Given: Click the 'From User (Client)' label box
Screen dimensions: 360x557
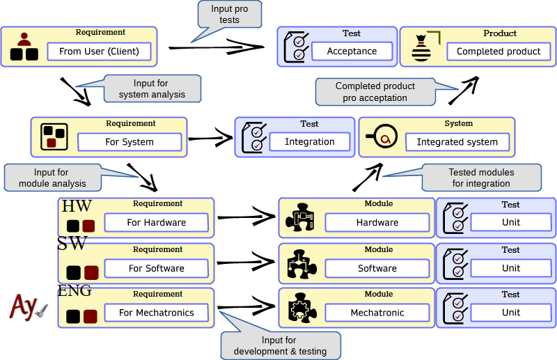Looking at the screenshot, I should [99, 52].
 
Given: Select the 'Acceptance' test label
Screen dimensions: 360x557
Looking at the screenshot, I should [352, 52].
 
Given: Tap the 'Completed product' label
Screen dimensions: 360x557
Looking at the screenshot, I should [499, 52].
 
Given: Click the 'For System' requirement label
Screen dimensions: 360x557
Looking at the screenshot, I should [130, 142].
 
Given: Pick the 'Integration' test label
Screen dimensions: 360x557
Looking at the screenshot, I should [310, 142].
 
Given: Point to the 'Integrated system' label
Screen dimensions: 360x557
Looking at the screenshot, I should [457, 142].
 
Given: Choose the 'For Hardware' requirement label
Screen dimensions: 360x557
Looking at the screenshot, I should [157, 223].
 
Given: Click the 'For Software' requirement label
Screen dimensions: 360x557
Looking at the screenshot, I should [157, 268].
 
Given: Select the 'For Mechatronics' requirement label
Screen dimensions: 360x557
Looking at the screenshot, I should [157, 313].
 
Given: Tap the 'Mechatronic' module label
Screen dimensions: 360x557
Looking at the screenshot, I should [377, 313].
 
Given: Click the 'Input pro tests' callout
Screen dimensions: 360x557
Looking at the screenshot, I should [229, 15].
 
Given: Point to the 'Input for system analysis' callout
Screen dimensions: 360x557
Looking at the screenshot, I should [152, 88].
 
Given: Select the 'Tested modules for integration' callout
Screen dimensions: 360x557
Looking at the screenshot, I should [481, 178].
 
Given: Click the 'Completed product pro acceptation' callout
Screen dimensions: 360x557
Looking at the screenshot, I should [375, 91].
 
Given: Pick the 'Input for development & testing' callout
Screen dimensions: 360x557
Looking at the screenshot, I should [280, 345].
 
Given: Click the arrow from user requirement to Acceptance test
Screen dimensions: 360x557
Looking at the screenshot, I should [216, 47].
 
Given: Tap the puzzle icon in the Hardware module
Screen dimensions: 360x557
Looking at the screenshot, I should [301, 218].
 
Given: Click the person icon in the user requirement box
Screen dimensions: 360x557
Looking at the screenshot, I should [24, 46].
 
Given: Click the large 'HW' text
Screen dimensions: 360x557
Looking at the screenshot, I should [77, 206].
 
